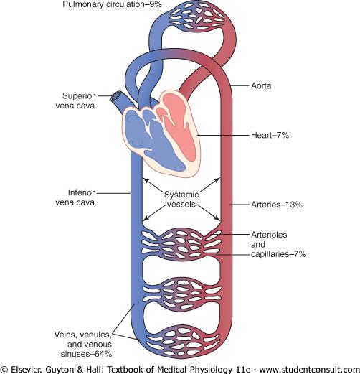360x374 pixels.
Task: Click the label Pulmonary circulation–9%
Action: (x=112, y=4)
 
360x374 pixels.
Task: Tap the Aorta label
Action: (x=261, y=85)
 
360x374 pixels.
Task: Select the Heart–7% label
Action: (x=270, y=135)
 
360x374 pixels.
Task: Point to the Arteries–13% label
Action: (x=277, y=205)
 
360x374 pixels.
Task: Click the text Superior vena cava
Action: (x=75, y=100)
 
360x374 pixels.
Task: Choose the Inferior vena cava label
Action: (x=75, y=197)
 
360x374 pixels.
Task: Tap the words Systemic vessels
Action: (x=181, y=200)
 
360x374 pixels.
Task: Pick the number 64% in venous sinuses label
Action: (x=103, y=354)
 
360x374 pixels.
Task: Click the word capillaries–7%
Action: (x=278, y=254)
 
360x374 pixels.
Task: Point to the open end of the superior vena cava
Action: (x=116, y=97)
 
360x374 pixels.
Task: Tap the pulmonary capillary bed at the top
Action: (x=196, y=17)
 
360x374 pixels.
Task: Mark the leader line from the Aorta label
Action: (x=240, y=85)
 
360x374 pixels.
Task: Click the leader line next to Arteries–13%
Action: (x=240, y=205)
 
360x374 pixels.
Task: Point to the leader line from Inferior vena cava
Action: (x=114, y=193)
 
